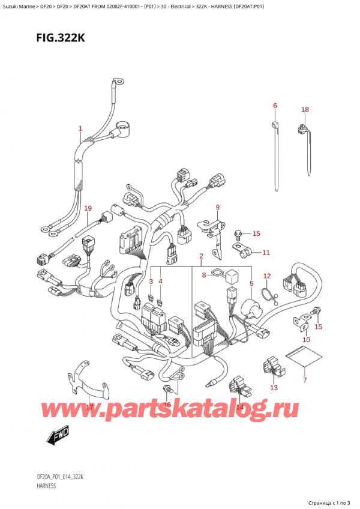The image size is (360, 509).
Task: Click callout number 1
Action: (x=80, y=128)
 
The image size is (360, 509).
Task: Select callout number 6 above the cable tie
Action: (x=275, y=106)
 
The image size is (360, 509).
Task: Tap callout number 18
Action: (x=305, y=110)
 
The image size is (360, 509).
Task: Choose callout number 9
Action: (x=218, y=208)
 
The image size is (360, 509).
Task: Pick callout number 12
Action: (x=267, y=276)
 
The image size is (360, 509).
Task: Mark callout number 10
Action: (x=306, y=340)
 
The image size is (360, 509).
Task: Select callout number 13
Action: (x=274, y=388)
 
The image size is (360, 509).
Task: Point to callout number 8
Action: (x=205, y=276)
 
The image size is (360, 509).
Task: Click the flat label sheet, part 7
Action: (x=301, y=360)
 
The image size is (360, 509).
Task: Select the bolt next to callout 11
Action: (x=238, y=232)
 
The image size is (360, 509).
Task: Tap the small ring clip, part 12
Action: (x=268, y=292)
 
